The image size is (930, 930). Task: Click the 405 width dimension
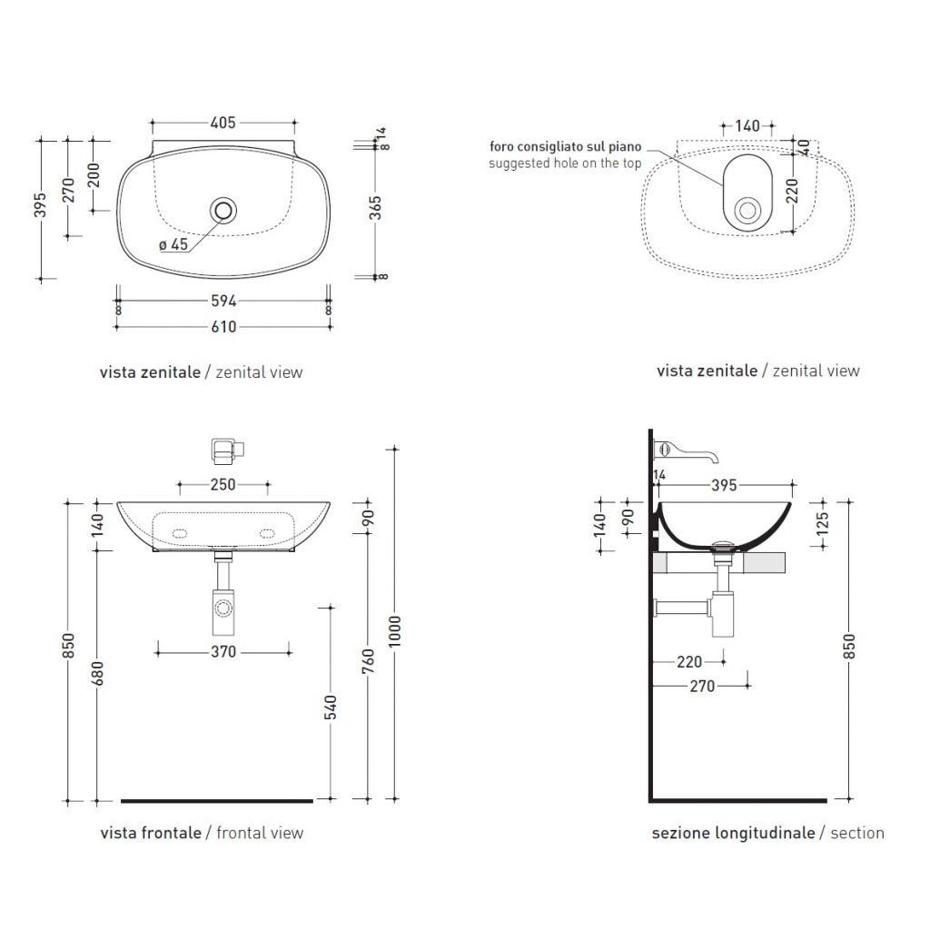pyautogui.click(x=223, y=123)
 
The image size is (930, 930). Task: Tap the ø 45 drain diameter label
pyautogui.click(x=173, y=244)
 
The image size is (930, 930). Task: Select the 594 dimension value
pyautogui.click(x=223, y=302)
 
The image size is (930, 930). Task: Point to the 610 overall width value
pyautogui.click(x=223, y=327)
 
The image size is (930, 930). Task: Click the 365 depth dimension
pyautogui.click(x=375, y=208)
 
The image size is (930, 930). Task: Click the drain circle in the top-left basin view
pyautogui.click(x=223, y=211)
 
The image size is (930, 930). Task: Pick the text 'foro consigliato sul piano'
pyautogui.click(x=565, y=146)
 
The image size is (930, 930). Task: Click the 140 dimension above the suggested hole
pyautogui.click(x=747, y=125)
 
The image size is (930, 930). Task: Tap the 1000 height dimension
pyautogui.click(x=396, y=631)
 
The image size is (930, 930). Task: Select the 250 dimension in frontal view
pyautogui.click(x=223, y=485)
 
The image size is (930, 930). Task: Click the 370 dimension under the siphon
pyautogui.click(x=223, y=652)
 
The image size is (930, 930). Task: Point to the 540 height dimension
pyautogui.click(x=331, y=707)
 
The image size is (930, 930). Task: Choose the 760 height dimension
pyautogui.click(x=369, y=661)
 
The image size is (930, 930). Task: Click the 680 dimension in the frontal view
pyautogui.click(x=97, y=674)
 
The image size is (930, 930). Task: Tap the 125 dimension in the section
pyautogui.click(x=822, y=524)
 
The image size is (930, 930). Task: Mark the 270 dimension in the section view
pyautogui.click(x=702, y=687)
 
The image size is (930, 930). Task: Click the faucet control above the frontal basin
pyautogui.click(x=228, y=450)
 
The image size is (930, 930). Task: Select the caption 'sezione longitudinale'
pyautogui.click(x=733, y=834)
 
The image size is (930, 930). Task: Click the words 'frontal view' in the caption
pyautogui.click(x=260, y=833)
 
